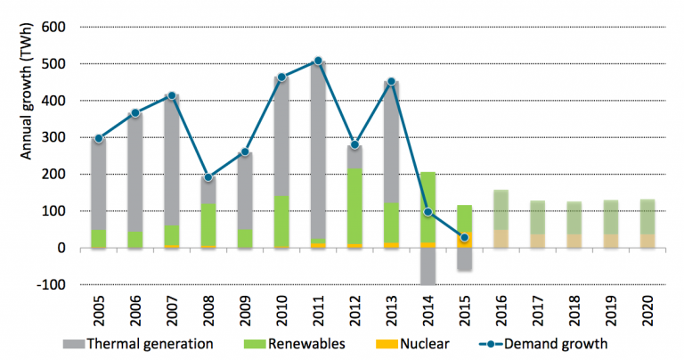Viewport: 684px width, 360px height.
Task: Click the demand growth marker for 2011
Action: [x=317, y=61]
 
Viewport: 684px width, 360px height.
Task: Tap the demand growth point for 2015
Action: [x=464, y=238]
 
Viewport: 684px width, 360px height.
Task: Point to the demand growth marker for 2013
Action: [x=391, y=82]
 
